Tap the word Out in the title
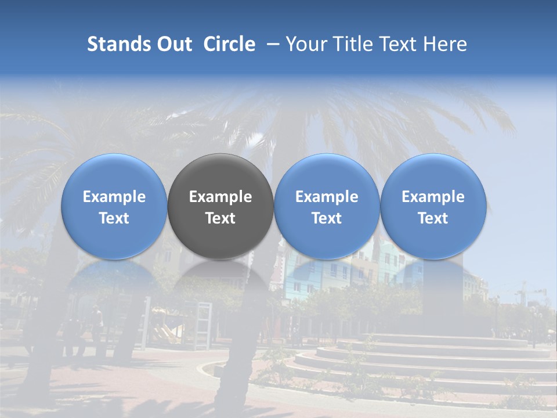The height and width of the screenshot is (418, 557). pyautogui.click(x=173, y=44)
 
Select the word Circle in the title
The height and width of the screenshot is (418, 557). pyautogui.click(x=229, y=44)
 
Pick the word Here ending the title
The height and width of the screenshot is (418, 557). pyautogui.click(x=446, y=44)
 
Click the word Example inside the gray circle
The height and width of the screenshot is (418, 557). pyautogui.click(x=220, y=197)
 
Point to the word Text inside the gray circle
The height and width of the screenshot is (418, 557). pyautogui.click(x=220, y=218)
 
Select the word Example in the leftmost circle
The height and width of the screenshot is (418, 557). pyautogui.click(x=114, y=197)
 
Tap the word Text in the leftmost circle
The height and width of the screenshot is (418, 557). pyautogui.click(x=114, y=218)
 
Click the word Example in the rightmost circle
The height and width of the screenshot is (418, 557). pyautogui.click(x=433, y=197)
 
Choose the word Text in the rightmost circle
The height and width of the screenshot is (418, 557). pyautogui.click(x=433, y=218)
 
